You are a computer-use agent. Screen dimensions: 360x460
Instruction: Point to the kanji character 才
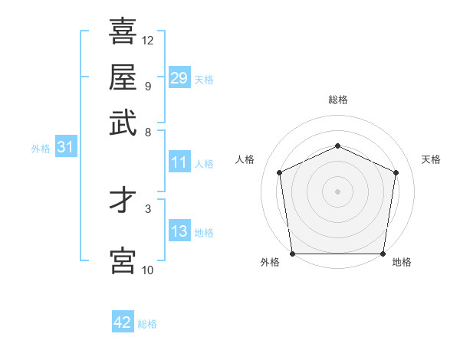tap(123, 201)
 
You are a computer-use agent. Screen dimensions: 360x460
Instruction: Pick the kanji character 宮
tap(123, 261)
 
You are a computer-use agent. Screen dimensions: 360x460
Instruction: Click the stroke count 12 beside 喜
tap(148, 41)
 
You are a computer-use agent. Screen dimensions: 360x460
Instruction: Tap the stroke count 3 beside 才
tap(147, 208)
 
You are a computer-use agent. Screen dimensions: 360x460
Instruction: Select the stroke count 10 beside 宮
tap(148, 270)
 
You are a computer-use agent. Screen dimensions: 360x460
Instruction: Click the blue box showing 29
tap(179, 78)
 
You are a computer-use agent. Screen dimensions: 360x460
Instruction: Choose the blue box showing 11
tap(179, 162)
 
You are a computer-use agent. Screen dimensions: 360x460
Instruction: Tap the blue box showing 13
tap(179, 231)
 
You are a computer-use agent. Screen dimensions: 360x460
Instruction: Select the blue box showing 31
tap(65, 148)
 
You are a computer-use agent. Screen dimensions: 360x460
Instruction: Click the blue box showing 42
tap(123, 322)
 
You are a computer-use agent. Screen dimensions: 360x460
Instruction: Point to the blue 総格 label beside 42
tap(147, 324)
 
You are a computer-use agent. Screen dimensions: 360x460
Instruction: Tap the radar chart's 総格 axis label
tap(337, 100)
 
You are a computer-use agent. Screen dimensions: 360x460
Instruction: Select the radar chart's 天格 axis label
tap(432, 159)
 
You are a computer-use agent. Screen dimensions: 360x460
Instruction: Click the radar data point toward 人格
tap(280, 172)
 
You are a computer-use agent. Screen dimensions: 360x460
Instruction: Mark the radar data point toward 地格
tap(383, 254)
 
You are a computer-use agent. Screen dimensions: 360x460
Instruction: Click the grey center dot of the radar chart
tap(337, 191)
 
